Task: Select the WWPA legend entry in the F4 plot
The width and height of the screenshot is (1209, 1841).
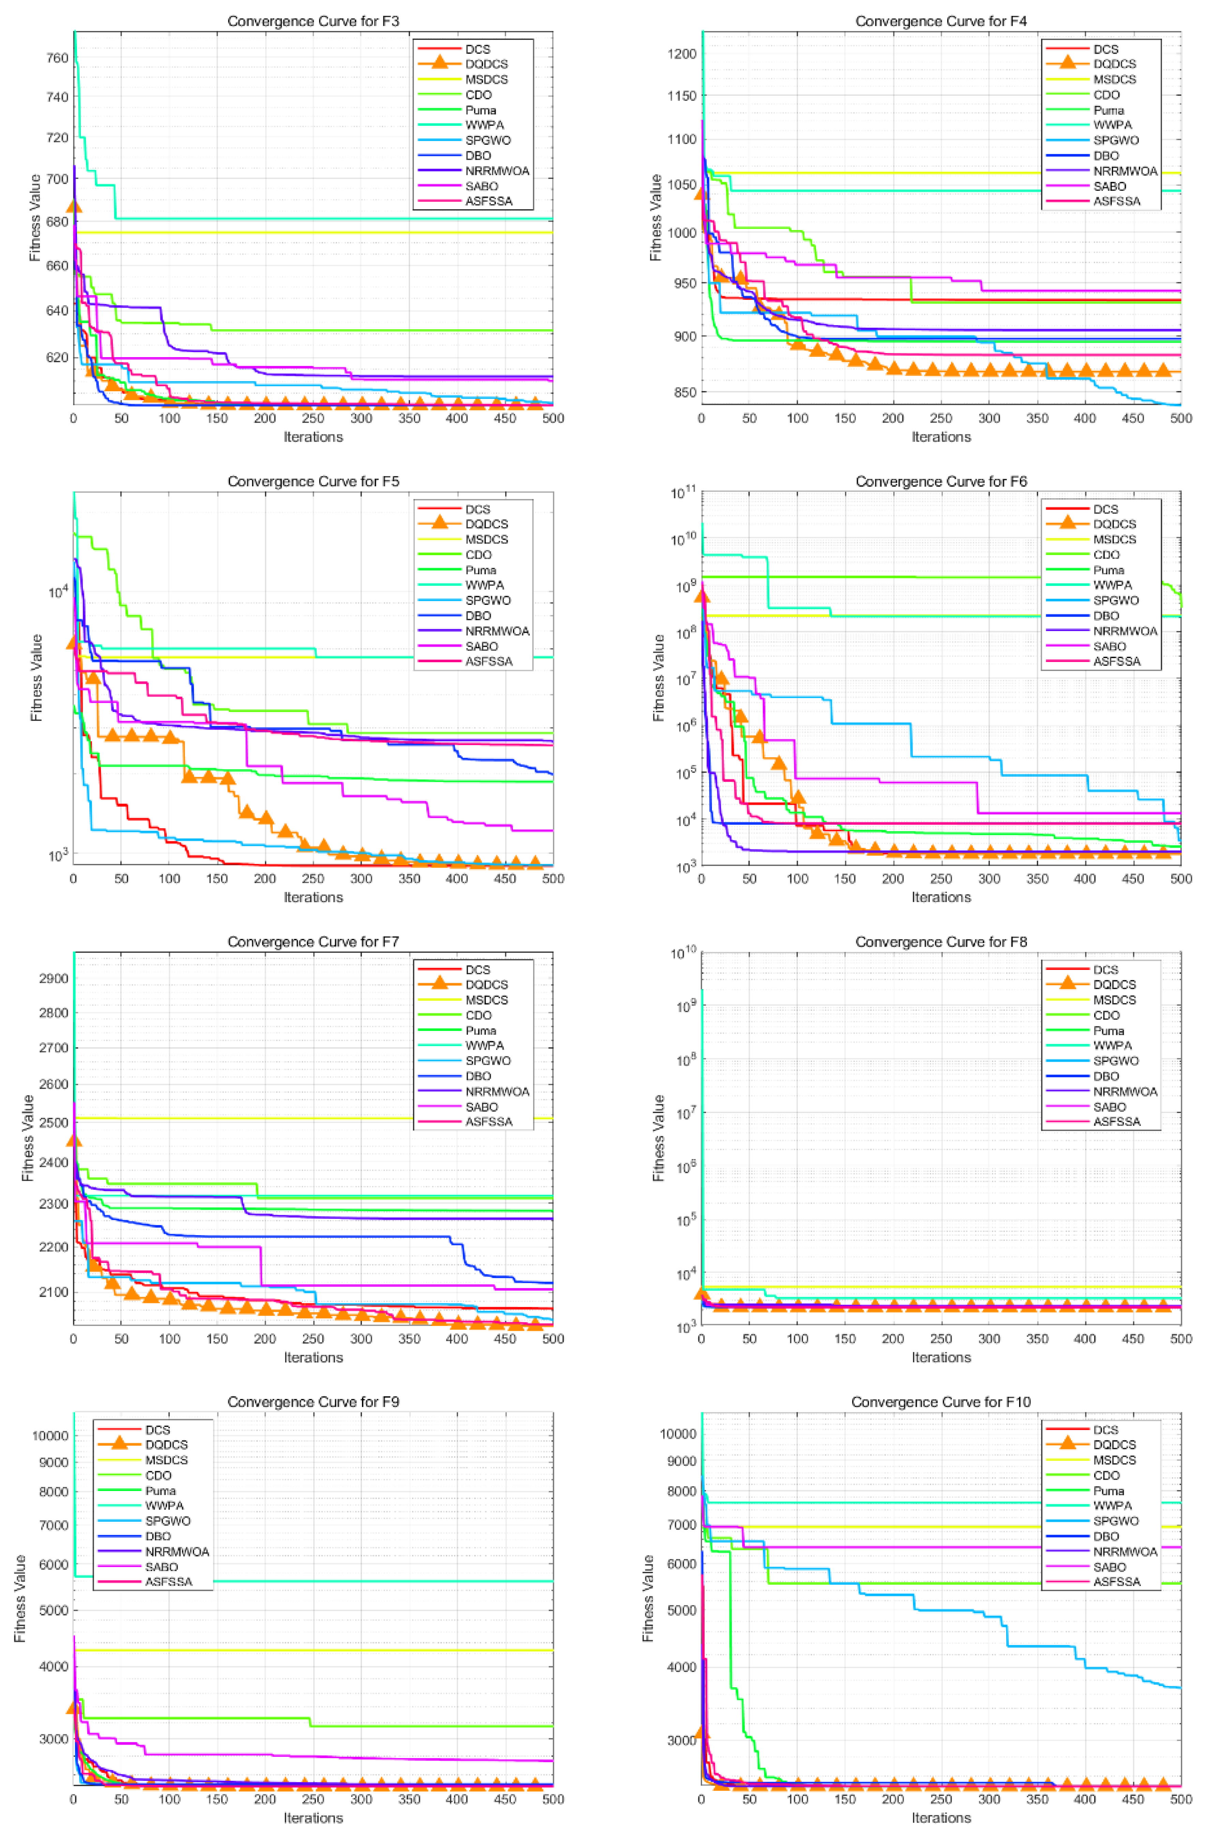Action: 1112,124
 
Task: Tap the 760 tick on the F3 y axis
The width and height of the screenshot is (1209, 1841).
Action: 58,58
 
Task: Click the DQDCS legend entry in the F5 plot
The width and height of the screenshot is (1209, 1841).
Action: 486,524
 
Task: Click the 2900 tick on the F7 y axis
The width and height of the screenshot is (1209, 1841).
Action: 54,978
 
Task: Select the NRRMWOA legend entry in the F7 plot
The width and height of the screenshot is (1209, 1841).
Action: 497,1092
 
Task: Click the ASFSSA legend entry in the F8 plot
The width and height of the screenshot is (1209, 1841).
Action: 1116,1122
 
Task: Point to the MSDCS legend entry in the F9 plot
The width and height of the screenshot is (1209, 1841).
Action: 166,1460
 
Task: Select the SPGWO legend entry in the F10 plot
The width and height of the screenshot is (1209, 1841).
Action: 1115,1521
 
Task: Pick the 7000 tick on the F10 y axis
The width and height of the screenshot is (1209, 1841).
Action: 681,1525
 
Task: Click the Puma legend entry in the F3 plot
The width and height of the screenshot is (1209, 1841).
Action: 480,110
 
